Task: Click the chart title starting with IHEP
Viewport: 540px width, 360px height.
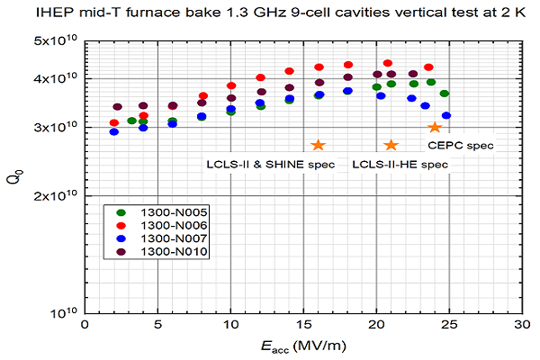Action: point(269,13)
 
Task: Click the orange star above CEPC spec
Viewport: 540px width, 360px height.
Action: point(435,128)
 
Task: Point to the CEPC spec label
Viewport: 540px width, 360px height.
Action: point(461,145)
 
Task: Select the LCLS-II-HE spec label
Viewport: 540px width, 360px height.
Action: point(399,164)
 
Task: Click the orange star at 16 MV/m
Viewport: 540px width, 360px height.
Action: point(318,145)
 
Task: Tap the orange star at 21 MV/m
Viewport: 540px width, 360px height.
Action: point(391,145)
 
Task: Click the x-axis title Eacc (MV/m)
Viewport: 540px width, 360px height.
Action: point(302,346)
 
